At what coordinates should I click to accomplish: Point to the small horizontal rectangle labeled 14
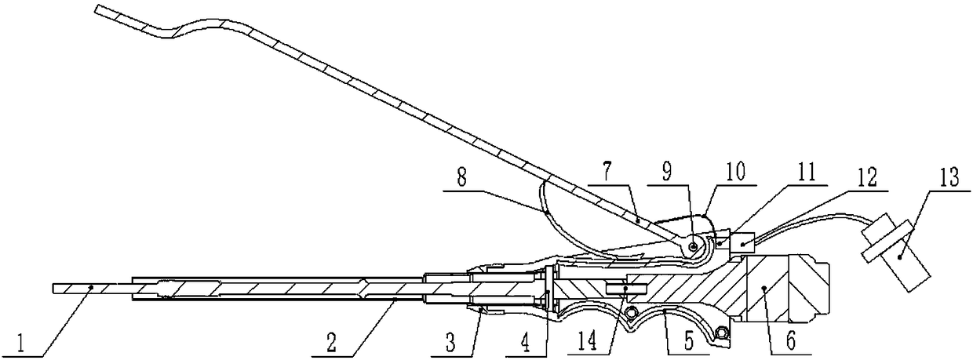click(625, 289)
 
